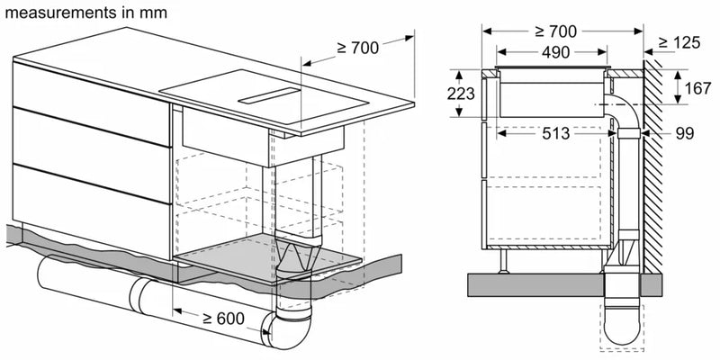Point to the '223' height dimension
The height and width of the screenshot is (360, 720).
(x=460, y=94)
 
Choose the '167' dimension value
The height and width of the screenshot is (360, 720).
(x=694, y=90)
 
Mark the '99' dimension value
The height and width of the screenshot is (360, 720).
(x=686, y=133)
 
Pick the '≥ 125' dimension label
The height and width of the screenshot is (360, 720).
(x=684, y=41)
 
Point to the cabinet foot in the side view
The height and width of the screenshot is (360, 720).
(x=505, y=261)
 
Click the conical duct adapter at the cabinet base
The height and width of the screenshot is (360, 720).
(x=294, y=266)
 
